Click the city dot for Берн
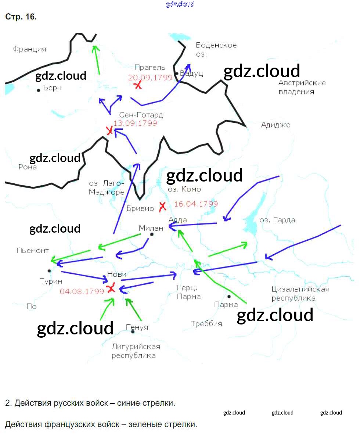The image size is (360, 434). coord(39,90)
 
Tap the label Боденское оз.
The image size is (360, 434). coord(216,50)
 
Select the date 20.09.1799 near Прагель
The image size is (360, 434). coord(150,78)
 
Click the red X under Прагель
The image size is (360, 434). coord(137,85)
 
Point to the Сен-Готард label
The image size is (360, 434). coord(141,115)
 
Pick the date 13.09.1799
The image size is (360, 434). coord(135,123)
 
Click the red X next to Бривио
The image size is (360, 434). coord(162,207)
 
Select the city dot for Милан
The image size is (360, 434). coord(151,234)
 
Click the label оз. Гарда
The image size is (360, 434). coord(277,220)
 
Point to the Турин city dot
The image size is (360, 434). coord(49,271)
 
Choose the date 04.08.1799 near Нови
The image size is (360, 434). coord(82,291)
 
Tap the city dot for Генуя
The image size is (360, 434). coord(133,331)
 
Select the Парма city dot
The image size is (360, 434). coord(229,296)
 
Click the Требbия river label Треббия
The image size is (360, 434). coord(206,324)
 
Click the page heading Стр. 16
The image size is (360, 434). coord(21,17)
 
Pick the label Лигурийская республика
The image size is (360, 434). coord(136,351)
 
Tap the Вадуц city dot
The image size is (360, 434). coord(177,73)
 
